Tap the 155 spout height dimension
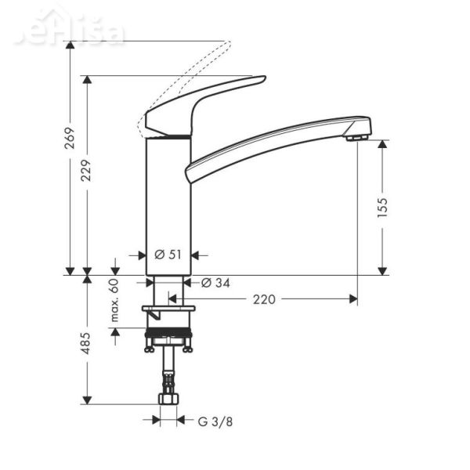(382, 207)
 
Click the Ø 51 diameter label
(168, 254)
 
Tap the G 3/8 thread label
(214, 421)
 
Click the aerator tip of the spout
(358, 137)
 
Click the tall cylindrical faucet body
(168, 204)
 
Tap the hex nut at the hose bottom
(168, 399)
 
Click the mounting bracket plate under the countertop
(168, 309)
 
